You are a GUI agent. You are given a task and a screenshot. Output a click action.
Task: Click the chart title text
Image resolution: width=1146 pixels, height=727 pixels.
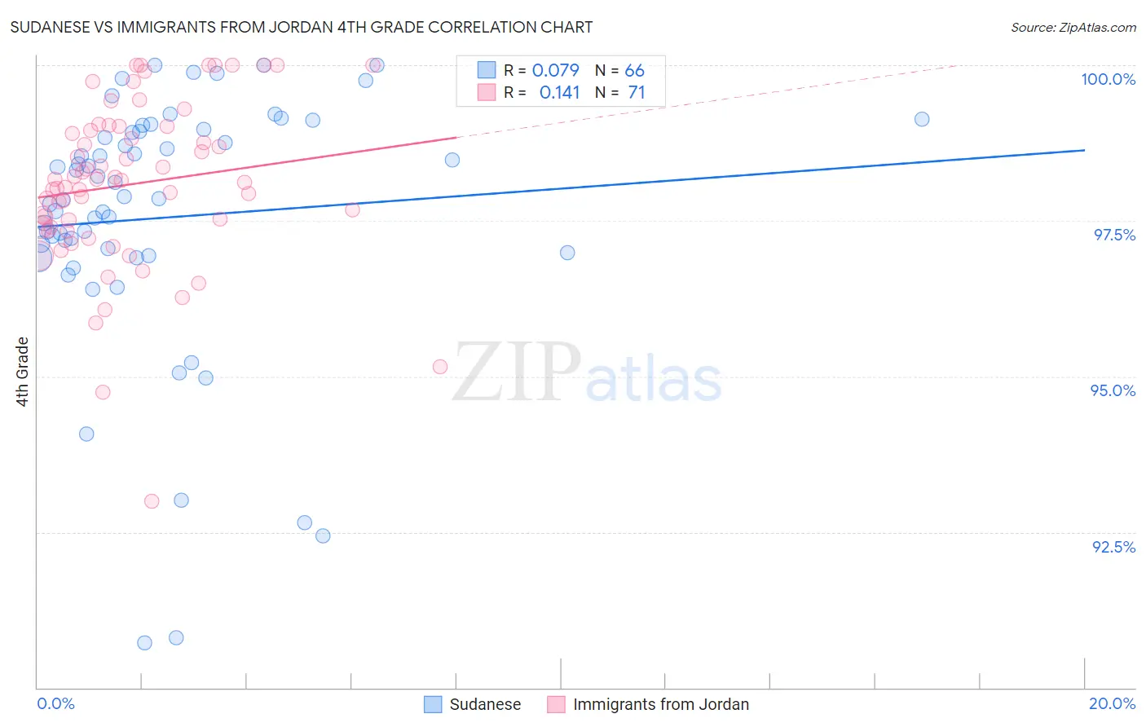302,27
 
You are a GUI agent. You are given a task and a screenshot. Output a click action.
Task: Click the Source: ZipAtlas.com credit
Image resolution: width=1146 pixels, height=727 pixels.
1073,27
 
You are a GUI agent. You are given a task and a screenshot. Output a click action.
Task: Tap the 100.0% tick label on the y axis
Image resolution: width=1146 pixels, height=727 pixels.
1108,79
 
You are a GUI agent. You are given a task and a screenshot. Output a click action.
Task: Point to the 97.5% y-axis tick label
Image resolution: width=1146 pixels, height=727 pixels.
1113,235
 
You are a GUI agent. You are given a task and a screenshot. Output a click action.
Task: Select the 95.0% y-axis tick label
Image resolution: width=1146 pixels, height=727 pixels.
1113,390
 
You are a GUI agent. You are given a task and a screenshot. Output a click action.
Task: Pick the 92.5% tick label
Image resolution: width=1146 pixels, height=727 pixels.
1113,547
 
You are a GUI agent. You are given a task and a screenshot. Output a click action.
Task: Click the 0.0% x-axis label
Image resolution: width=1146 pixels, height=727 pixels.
55,703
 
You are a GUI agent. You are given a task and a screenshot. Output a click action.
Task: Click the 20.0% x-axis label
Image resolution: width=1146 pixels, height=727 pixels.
1112,703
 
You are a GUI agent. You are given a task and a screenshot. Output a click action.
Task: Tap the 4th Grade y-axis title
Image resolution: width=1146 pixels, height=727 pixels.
23,372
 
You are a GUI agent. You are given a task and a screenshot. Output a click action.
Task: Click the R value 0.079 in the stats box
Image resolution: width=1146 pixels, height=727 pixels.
555,71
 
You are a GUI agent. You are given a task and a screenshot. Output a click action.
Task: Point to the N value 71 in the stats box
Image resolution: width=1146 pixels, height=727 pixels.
637,93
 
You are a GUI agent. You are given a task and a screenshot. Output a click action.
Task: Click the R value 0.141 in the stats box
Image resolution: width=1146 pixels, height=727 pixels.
559,93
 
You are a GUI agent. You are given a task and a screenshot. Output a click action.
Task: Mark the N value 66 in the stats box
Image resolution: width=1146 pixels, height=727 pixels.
634,71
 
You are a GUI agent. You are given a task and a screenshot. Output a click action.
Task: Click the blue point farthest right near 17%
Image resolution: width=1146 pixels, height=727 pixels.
922,119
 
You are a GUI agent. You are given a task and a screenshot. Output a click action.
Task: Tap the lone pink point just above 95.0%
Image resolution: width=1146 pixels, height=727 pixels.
440,367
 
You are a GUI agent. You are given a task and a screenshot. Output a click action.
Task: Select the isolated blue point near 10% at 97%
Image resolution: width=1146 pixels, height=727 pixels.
567,253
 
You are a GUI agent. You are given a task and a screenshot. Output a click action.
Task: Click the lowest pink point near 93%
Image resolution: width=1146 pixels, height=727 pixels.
152,501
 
